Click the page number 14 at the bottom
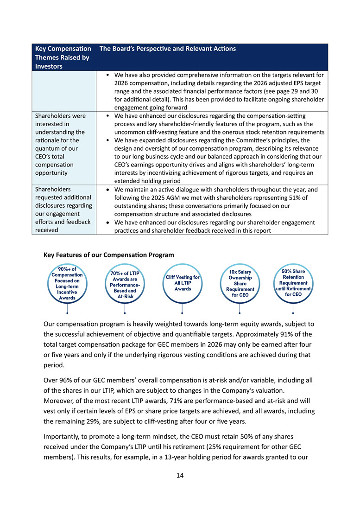pos(180,475)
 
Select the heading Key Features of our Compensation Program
pos(108,255)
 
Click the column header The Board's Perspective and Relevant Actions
pos(168,49)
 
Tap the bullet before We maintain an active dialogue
pos(108,190)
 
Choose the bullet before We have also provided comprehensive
pos(108,75)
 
